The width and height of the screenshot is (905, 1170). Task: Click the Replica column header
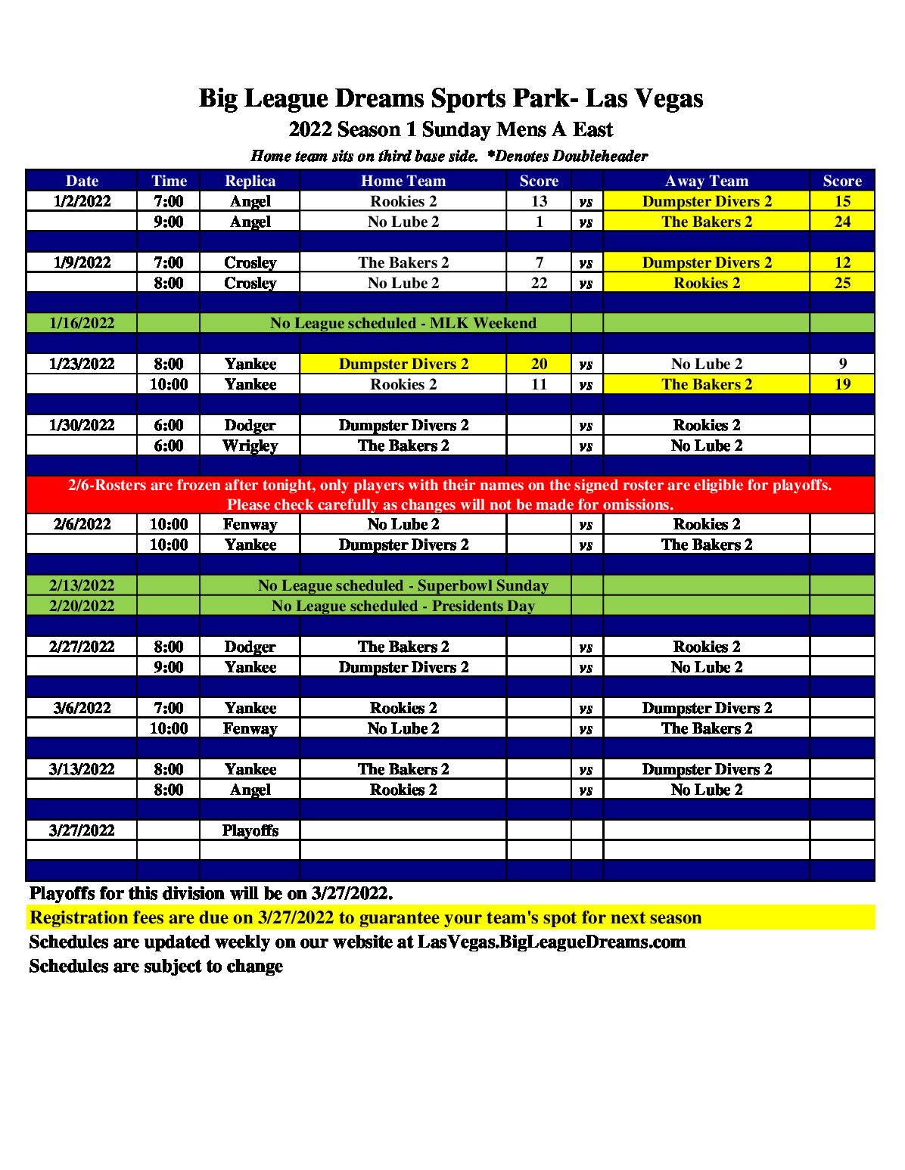tap(250, 181)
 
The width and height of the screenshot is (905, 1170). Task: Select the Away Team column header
tap(706, 181)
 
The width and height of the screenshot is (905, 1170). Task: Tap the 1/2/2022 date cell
tap(82, 201)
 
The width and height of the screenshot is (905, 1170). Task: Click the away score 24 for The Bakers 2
tap(842, 222)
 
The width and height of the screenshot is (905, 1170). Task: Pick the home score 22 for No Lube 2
tap(539, 283)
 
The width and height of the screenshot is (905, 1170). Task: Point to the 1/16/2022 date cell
tap(82, 323)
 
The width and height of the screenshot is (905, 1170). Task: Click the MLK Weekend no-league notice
tap(403, 323)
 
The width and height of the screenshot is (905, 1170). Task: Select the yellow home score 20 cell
tap(539, 364)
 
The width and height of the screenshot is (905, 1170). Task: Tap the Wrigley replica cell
tap(250, 445)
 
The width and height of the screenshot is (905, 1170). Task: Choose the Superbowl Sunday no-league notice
tap(403, 585)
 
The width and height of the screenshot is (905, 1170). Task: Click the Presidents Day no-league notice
tap(403, 606)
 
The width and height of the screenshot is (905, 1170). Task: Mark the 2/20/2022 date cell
tap(82, 606)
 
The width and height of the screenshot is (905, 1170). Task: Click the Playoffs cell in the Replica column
tap(250, 830)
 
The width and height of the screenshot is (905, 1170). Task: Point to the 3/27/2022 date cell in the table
tap(82, 830)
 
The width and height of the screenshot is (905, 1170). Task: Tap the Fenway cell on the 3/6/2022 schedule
tap(250, 728)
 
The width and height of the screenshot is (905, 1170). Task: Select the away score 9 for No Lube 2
tap(842, 364)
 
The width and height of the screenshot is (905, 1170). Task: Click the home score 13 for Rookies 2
tap(539, 201)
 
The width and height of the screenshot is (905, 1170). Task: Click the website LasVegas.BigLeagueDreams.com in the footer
tap(551, 942)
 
